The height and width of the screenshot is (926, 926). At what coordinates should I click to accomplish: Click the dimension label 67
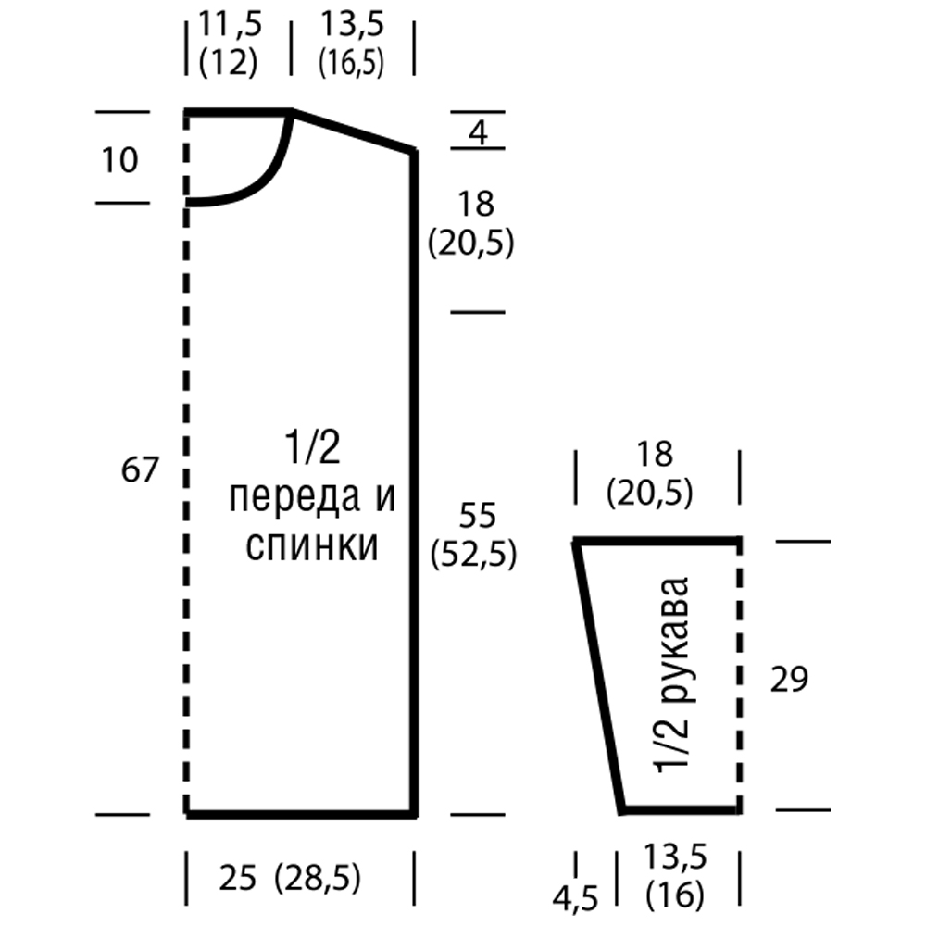140,470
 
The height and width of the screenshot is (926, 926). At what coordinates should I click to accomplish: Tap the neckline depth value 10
119,160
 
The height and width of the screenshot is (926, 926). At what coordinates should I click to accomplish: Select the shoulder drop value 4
479,132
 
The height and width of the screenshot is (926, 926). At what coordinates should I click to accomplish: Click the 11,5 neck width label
231,25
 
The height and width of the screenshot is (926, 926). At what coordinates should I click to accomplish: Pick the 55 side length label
477,515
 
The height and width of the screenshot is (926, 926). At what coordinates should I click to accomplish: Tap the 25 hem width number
238,878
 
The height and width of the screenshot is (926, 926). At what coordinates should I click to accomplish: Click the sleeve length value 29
789,679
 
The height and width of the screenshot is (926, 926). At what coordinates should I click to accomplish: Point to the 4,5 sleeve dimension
576,899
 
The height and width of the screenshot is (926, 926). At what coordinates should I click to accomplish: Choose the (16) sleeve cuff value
675,895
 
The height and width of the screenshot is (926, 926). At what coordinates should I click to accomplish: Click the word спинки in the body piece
312,545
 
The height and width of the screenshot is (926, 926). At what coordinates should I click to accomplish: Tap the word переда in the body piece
294,497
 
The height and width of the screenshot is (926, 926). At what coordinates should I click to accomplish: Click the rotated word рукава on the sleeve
674,640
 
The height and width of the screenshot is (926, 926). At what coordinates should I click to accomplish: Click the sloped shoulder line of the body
353,131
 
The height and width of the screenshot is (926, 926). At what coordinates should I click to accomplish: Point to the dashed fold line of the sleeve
738,676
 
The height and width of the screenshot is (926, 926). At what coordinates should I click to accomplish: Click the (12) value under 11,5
229,62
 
